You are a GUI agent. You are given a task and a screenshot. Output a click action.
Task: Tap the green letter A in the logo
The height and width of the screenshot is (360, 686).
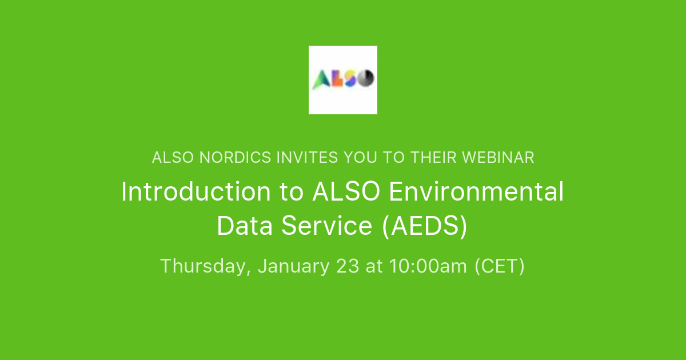(x=321, y=79)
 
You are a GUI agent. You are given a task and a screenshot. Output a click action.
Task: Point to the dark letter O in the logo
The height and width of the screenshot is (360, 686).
(x=365, y=78)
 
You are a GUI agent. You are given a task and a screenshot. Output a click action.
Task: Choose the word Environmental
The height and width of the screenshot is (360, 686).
(x=476, y=192)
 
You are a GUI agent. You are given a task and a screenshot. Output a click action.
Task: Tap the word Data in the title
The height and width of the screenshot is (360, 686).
(x=245, y=226)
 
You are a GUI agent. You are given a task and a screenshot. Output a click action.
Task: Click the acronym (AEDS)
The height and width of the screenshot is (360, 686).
(x=424, y=226)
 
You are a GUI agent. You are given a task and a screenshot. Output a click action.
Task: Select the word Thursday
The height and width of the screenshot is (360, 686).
(x=205, y=266)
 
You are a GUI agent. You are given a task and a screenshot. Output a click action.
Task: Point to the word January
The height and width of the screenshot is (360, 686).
(x=293, y=266)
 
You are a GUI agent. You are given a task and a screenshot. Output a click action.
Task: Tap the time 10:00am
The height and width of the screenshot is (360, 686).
(x=428, y=266)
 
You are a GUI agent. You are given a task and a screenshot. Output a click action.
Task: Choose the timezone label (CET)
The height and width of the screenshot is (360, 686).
(x=500, y=266)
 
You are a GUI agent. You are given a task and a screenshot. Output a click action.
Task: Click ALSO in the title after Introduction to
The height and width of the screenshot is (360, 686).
(x=346, y=192)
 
